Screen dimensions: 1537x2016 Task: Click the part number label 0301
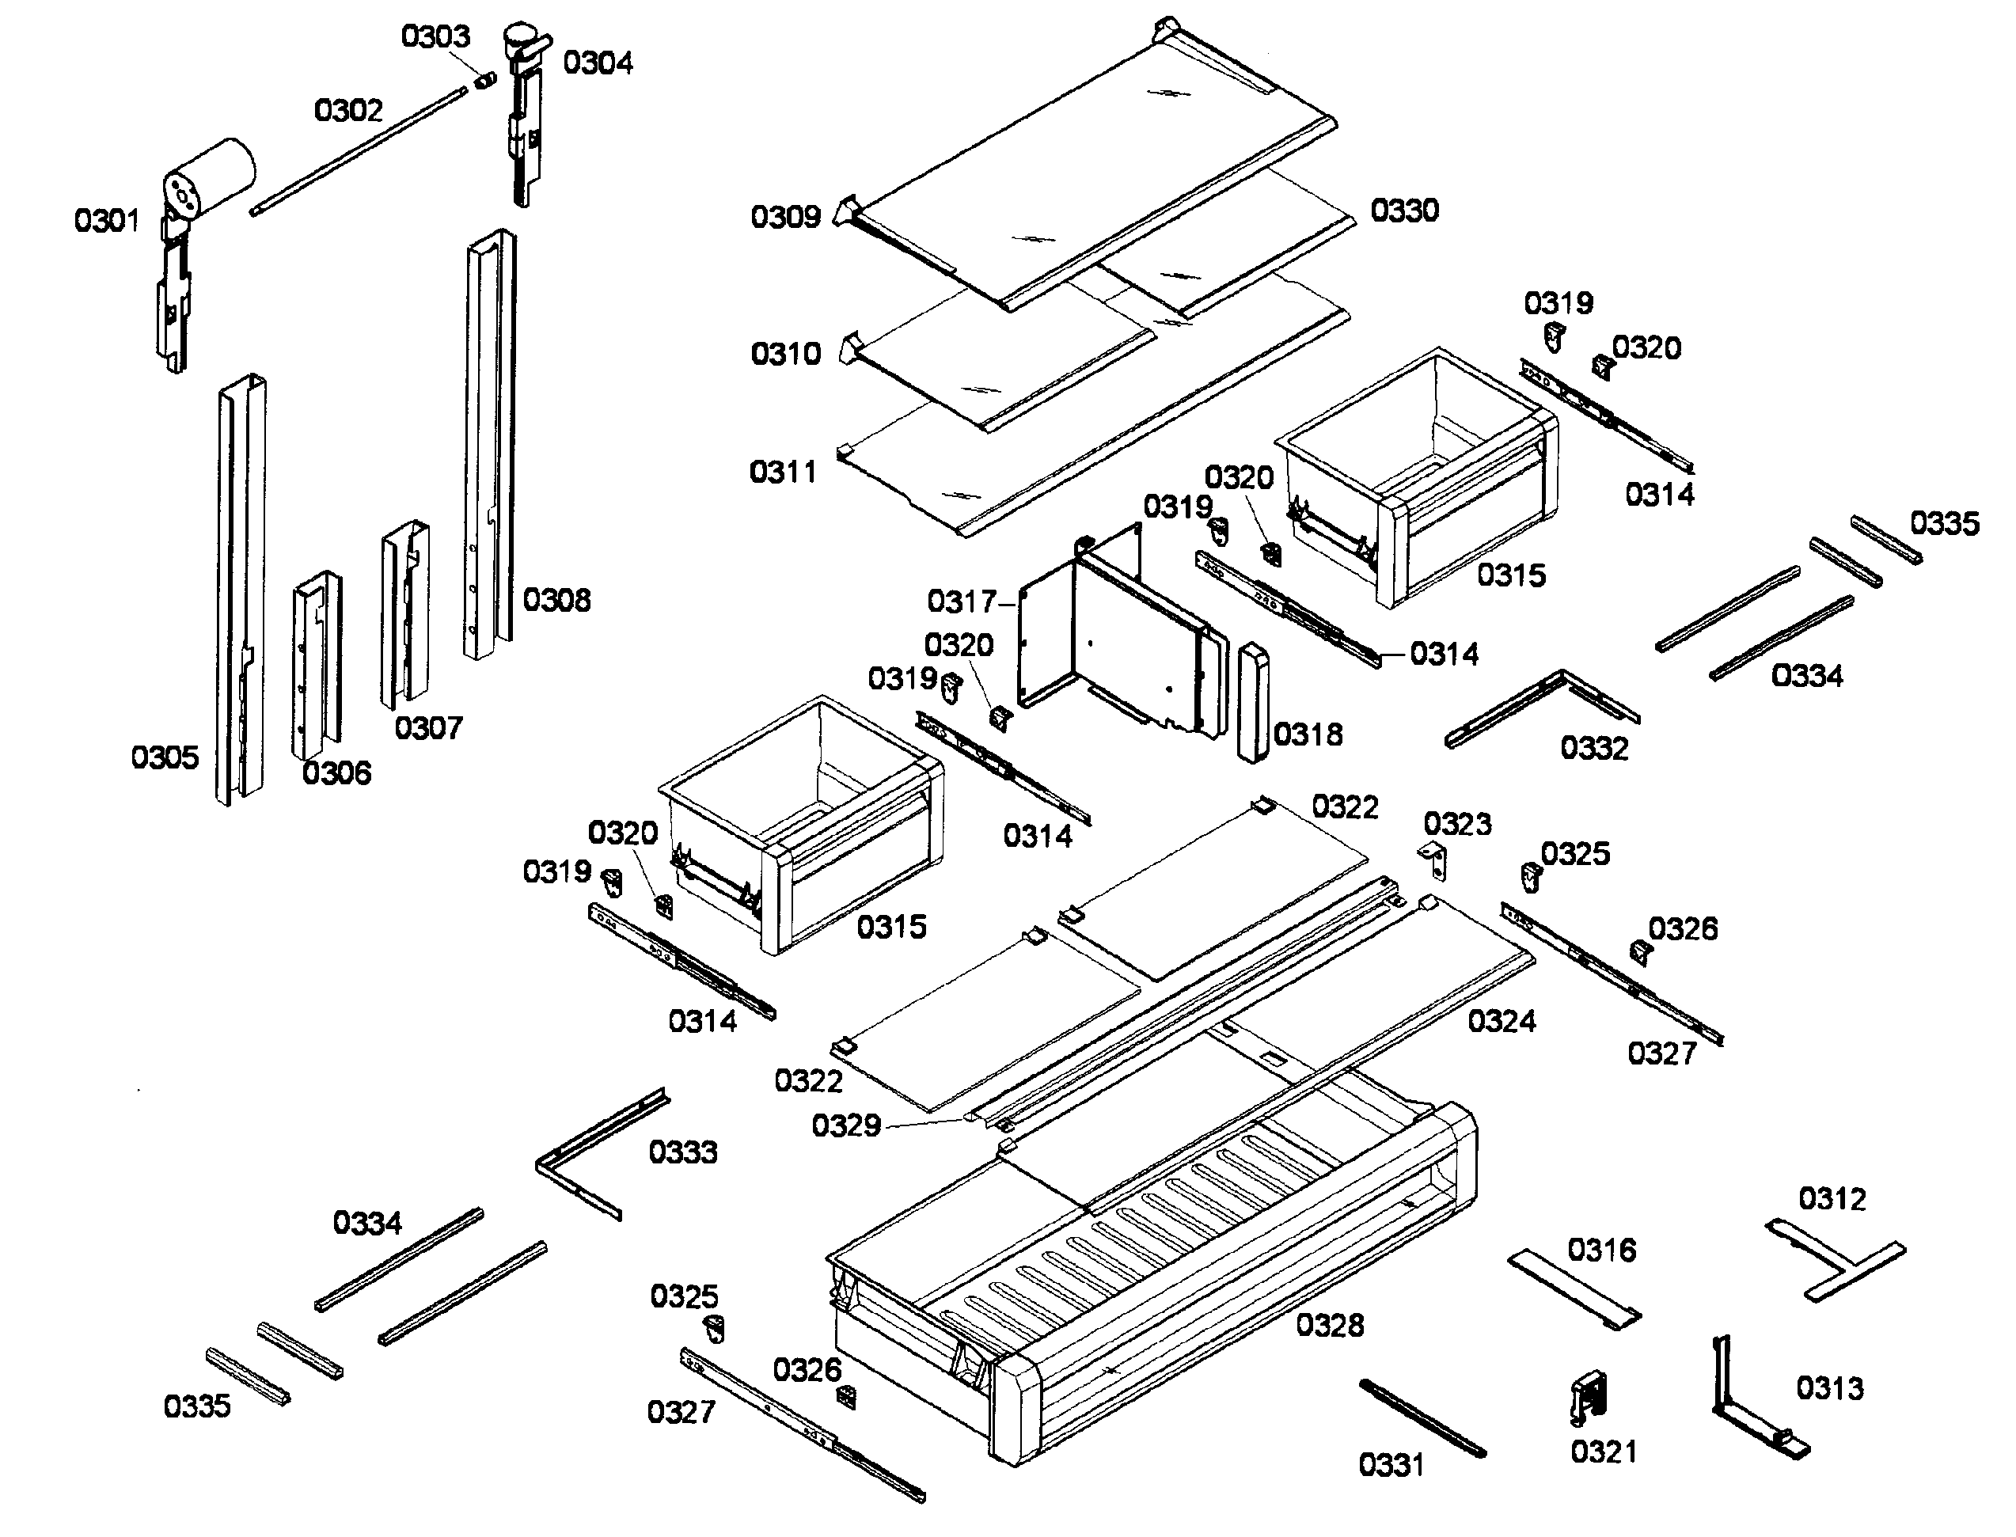point(107,221)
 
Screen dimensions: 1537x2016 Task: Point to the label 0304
point(598,63)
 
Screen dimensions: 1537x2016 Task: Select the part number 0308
point(556,600)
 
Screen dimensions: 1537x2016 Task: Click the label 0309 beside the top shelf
point(785,217)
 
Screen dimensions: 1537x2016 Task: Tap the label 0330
point(1404,211)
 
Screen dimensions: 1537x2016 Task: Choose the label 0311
point(783,472)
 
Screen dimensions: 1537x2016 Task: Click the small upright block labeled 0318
point(1254,702)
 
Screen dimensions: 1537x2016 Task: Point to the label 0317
point(960,602)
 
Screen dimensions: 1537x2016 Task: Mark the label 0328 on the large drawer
point(1330,1325)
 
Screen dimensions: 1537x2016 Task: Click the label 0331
point(1391,1465)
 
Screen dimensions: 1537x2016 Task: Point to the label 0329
point(846,1125)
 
